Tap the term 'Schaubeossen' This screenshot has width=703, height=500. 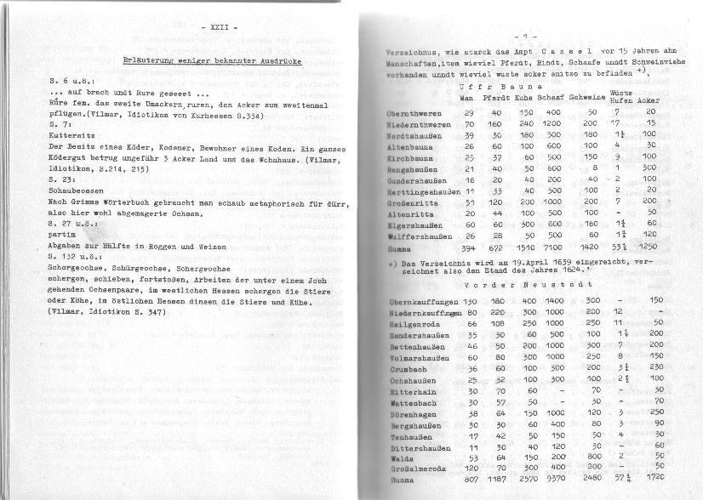click(77, 193)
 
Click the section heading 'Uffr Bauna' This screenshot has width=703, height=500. click(489, 86)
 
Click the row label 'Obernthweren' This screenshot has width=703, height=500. click(414, 112)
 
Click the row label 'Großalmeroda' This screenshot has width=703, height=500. click(416, 467)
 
